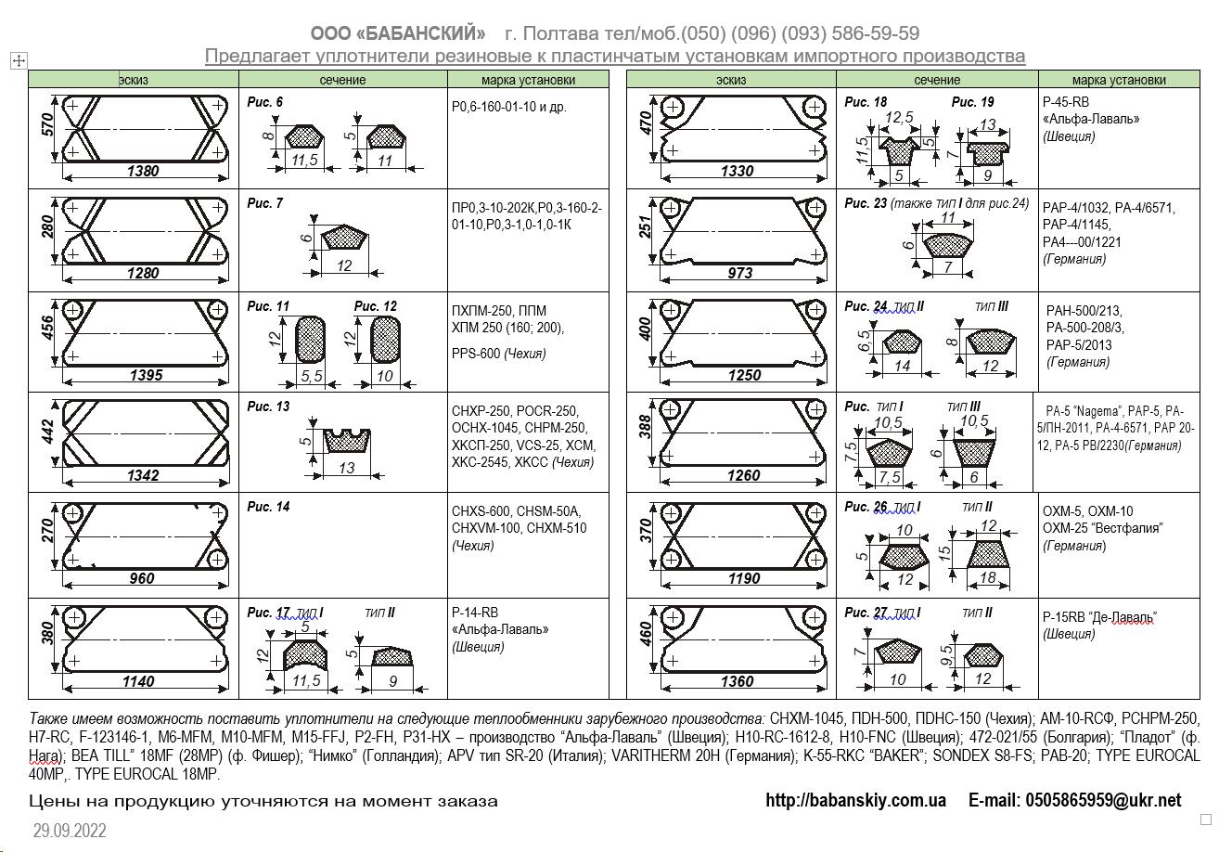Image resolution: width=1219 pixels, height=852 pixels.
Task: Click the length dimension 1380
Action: (x=143, y=171)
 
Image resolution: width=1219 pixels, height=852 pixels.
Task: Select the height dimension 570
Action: (x=48, y=124)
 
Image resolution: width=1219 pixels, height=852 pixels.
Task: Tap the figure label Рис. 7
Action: (x=265, y=203)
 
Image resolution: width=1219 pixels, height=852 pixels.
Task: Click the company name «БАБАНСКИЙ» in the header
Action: (x=398, y=33)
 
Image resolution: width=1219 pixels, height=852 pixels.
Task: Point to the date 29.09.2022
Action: (x=70, y=831)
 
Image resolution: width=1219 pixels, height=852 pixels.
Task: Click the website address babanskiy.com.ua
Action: (x=856, y=800)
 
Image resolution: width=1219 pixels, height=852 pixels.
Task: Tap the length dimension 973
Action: (x=740, y=273)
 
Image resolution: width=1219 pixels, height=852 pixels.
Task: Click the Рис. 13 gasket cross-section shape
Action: (x=347, y=441)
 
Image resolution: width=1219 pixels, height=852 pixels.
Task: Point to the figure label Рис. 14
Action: (x=268, y=507)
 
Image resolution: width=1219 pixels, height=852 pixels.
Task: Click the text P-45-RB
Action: (x=1066, y=102)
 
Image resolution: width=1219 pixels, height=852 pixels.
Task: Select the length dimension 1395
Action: (x=147, y=375)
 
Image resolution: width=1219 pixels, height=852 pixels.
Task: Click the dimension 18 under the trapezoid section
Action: (x=987, y=577)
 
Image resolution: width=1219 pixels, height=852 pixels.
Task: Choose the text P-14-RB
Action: (x=475, y=613)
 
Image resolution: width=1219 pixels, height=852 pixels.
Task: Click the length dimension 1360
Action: (x=738, y=681)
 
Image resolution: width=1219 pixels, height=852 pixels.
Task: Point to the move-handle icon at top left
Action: (x=19, y=60)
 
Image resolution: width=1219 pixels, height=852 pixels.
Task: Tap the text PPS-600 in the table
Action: (x=476, y=354)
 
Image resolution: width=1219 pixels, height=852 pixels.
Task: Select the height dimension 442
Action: (x=48, y=432)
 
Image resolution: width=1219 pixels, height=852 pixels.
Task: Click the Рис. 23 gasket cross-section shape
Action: (x=948, y=246)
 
